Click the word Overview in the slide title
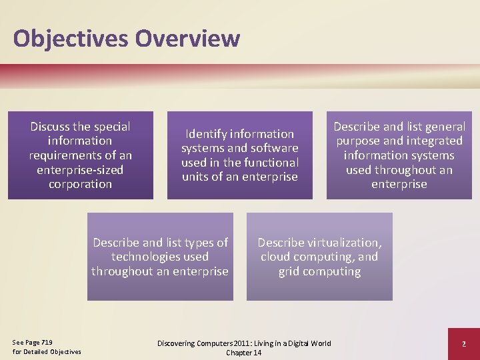(187, 38)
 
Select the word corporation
(80, 184)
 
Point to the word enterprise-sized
(80, 170)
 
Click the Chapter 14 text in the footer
(243, 353)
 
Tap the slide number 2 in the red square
(463, 343)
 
